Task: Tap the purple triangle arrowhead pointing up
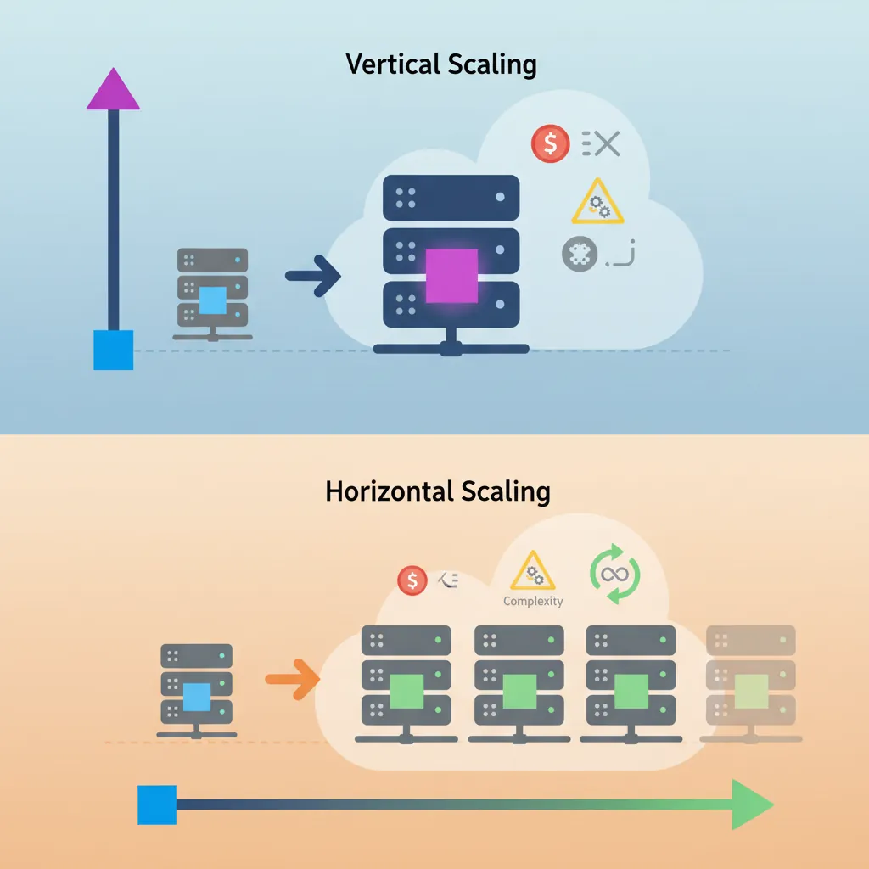(x=113, y=90)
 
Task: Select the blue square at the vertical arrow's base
(x=113, y=350)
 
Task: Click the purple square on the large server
(x=451, y=275)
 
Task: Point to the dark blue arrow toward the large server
(x=313, y=276)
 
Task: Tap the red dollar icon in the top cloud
(x=549, y=144)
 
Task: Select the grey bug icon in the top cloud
(x=579, y=254)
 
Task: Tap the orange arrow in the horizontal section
(x=292, y=679)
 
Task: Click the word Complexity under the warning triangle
(x=533, y=601)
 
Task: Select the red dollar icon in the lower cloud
(x=412, y=580)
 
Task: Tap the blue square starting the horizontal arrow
(x=157, y=805)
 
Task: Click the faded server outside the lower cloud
(x=751, y=686)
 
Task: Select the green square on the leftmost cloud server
(x=406, y=691)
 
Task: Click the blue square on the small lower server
(x=196, y=697)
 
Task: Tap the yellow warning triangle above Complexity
(x=533, y=572)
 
